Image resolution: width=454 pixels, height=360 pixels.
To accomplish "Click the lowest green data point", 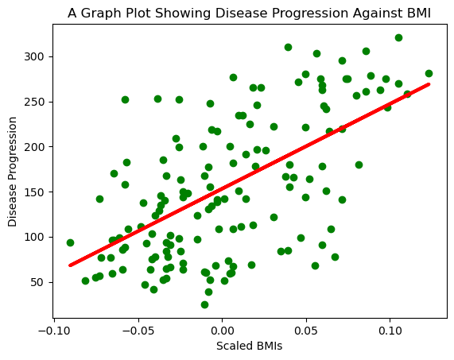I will (x=204, y=304).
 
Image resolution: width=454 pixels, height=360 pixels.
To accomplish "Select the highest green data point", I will (x=398, y=37).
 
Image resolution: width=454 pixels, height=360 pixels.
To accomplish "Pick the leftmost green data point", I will (x=70, y=242).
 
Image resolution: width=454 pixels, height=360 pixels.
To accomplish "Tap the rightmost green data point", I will (x=429, y=73).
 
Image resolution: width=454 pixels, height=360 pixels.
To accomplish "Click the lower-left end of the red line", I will (x=71, y=265).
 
